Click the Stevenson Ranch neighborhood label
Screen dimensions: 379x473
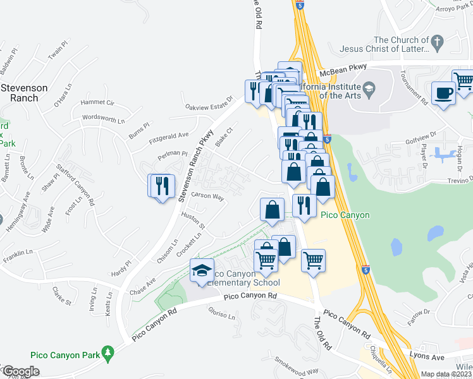(x=23, y=93)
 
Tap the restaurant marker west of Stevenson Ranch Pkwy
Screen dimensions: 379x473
(x=161, y=186)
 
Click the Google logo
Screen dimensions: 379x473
(x=20, y=371)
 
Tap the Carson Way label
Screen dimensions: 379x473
(x=209, y=197)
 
